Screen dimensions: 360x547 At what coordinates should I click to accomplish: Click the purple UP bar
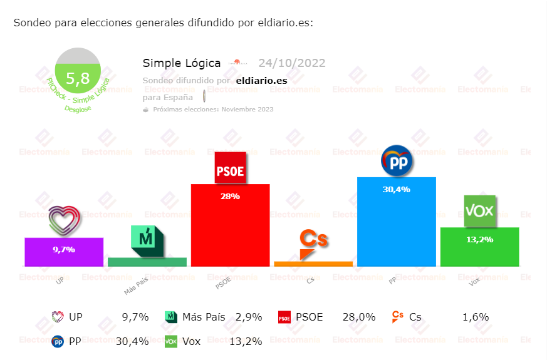tap(64, 252)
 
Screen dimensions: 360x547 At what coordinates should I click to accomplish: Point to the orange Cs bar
tap(313, 264)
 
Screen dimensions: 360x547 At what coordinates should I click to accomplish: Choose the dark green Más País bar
tap(147, 262)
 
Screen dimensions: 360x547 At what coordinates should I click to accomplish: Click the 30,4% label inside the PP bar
tap(396, 189)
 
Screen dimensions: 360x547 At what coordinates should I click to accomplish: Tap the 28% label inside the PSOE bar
tap(230, 196)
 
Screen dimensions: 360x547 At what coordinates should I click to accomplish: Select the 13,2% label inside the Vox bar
tap(479, 239)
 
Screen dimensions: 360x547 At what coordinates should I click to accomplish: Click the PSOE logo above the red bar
tap(230, 168)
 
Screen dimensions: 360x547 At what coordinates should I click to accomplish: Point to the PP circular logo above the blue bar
tap(396, 161)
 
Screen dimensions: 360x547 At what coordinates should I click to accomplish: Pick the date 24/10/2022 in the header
tap(291, 63)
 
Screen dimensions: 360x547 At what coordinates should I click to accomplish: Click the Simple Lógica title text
tap(182, 63)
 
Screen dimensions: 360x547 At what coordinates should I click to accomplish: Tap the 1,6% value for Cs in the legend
tap(476, 317)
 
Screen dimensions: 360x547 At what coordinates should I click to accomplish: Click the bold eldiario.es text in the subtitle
tap(261, 80)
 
